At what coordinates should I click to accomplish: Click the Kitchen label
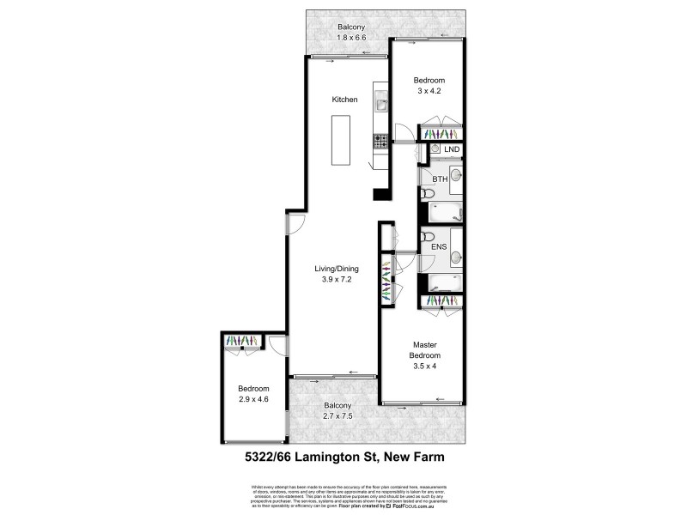pos(345,100)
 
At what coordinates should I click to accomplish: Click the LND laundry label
pos(452,150)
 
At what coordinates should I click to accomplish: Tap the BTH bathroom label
pos(440,179)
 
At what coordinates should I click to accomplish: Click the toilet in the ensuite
pos(427,237)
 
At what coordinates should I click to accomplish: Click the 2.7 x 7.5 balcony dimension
pos(337,416)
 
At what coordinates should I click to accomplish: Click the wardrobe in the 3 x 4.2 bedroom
pos(441,134)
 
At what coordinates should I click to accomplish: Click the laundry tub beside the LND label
pos(435,150)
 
